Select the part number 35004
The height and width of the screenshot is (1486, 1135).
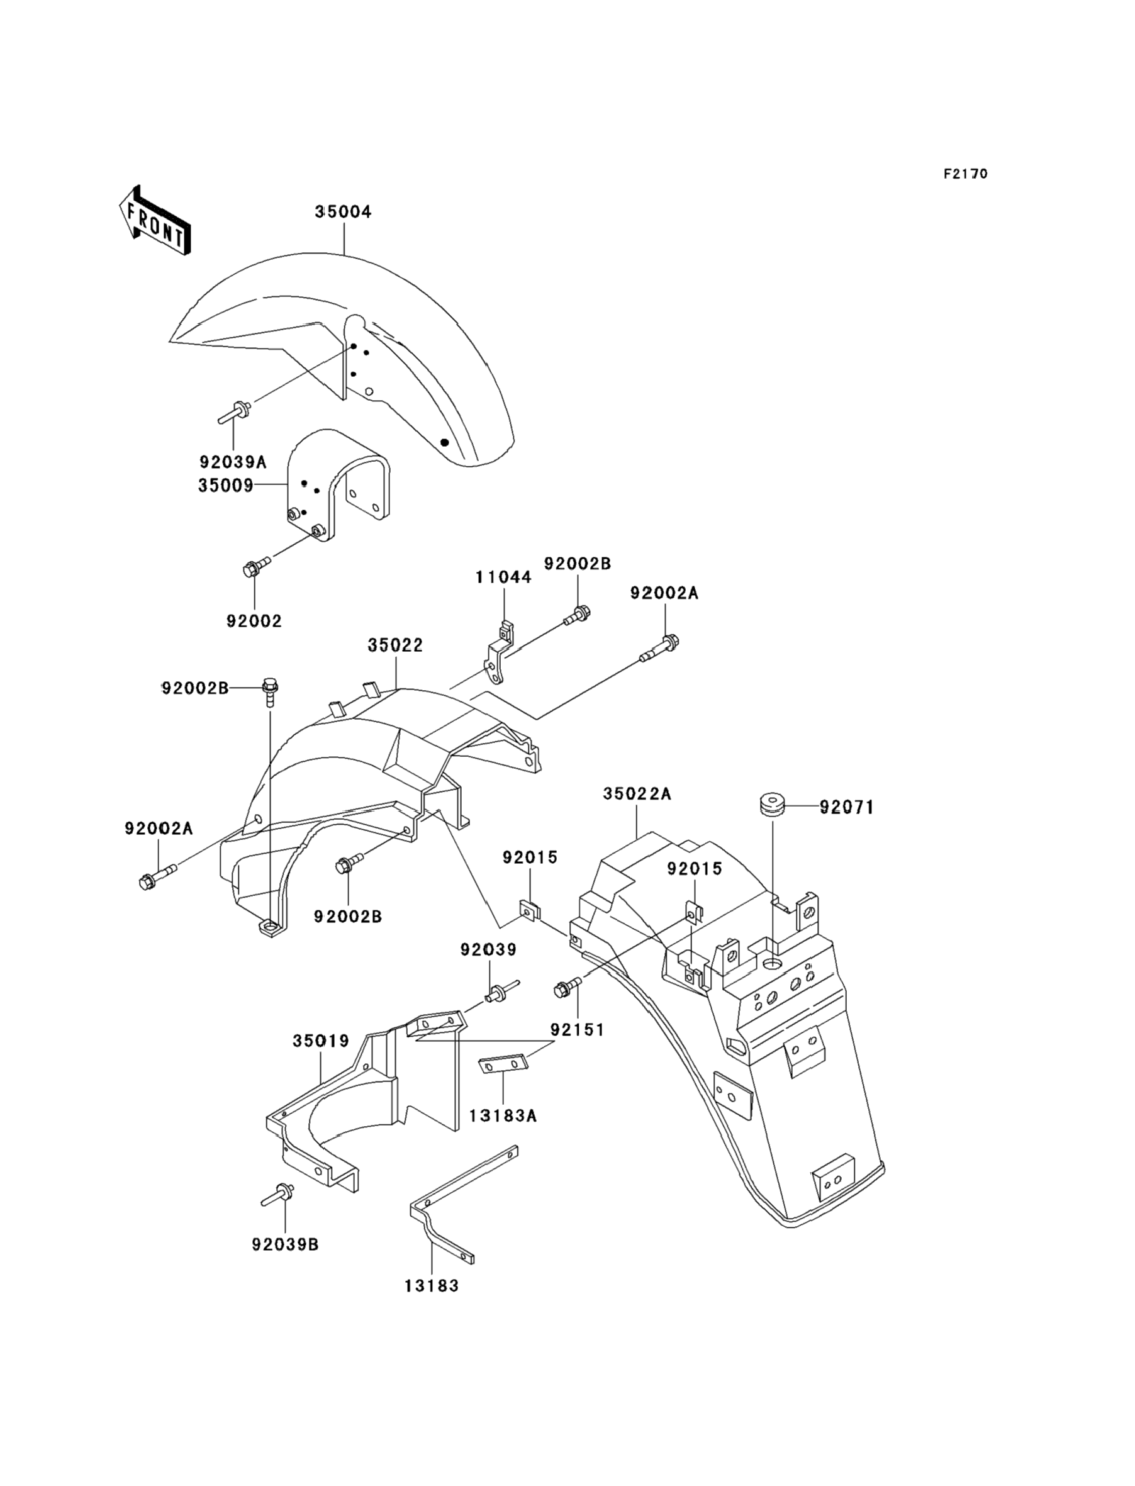pos(343,212)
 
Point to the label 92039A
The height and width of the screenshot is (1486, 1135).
pos(233,462)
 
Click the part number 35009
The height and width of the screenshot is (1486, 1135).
pos(226,486)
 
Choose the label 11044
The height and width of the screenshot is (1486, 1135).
pos(503,578)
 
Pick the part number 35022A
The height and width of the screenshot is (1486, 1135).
pos(637,795)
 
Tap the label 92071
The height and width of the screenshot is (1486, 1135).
pos(847,807)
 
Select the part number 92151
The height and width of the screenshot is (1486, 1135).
pos(577,1030)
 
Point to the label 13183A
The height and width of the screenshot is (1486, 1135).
pos(503,1117)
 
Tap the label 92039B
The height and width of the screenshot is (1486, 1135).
pos(285,1244)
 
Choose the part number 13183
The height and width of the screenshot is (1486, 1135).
pos(432,1286)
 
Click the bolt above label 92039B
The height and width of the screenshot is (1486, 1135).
pos(278,1195)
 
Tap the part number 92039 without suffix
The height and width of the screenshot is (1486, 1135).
pos(488,950)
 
